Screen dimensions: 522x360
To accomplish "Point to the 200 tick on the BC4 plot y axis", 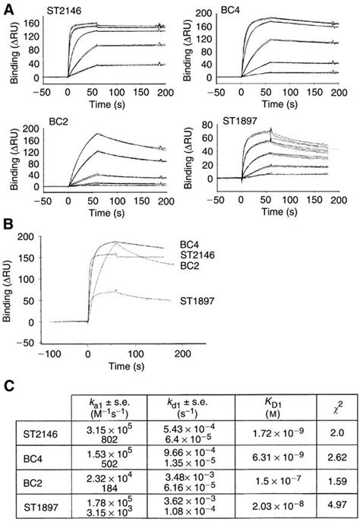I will (202, 14).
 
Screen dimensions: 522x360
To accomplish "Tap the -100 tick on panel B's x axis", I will (52, 353).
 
